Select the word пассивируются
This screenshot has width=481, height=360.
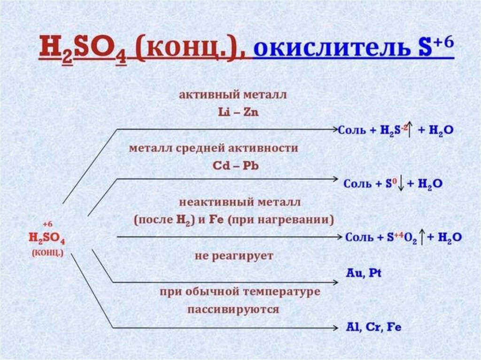click(233, 310)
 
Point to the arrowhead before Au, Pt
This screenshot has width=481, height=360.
click(335, 282)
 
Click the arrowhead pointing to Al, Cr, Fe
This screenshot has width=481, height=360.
click(335, 327)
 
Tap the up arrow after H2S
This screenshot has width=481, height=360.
click(410, 130)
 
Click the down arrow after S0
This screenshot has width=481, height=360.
click(400, 184)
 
